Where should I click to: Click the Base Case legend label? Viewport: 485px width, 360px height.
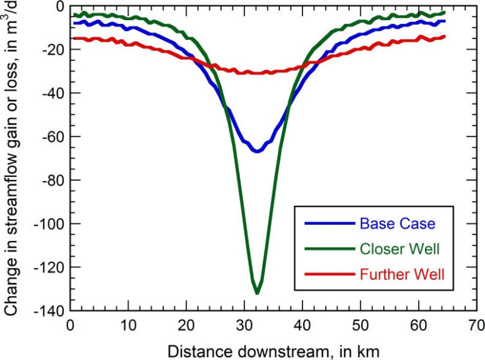pyautogui.click(x=389, y=223)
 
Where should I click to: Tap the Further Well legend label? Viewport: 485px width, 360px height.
pyautogui.click(x=400, y=275)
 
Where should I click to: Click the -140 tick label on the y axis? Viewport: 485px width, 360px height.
pyautogui.click(x=52, y=311)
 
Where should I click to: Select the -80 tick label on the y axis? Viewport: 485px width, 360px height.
pyautogui.click(x=55, y=180)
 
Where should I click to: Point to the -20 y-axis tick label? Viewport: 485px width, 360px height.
pyautogui.click(x=55, y=49)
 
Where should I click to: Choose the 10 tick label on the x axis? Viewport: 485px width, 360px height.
pyautogui.click(x=128, y=325)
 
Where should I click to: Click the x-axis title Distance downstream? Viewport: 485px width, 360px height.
pyautogui.click(x=273, y=349)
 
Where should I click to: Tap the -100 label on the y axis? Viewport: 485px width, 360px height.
pyautogui.click(x=52, y=224)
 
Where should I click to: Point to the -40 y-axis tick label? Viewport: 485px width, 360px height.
pyautogui.click(x=55, y=93)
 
